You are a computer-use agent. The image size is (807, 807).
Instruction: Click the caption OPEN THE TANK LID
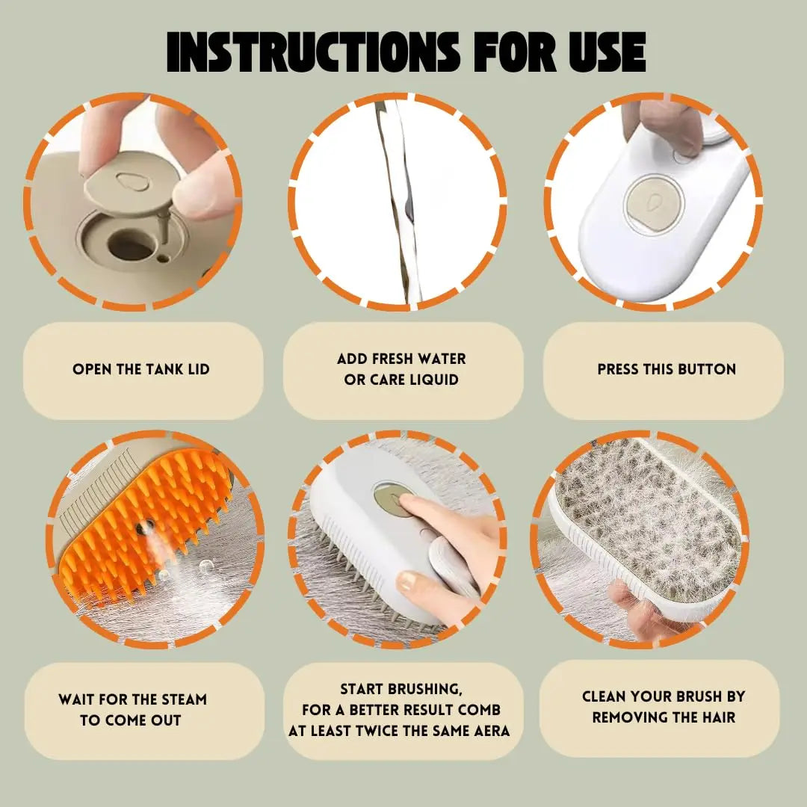(x=141, y=369)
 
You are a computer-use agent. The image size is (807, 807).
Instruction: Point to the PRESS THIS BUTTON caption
(x=667, y=369)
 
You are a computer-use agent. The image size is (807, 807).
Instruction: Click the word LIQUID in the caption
(x=433, y=380)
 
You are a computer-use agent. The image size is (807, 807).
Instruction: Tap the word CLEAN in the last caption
(x=607, y=696)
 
